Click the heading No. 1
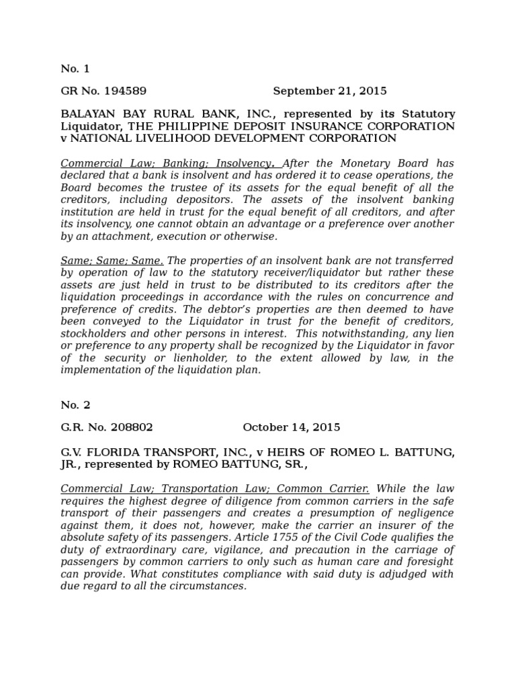point(75,69)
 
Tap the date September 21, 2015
point(330,91)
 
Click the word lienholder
point(196,357)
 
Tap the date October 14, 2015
point(291,427)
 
